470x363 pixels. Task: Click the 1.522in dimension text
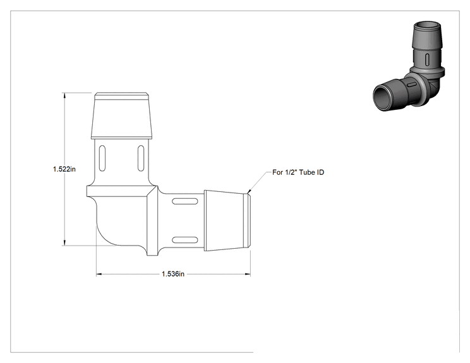point(64,169)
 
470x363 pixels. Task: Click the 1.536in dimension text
point(173,274)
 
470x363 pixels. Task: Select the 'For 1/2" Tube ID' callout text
point(298,172)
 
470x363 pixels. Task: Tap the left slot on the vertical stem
point(102,158)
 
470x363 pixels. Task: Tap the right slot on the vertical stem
point(141,158)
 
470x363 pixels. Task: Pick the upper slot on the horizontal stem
point(185,201)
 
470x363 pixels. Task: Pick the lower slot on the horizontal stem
point(185,240)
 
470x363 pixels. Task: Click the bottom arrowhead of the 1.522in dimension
point(64,242)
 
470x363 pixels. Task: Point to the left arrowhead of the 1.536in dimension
point(99,274)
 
